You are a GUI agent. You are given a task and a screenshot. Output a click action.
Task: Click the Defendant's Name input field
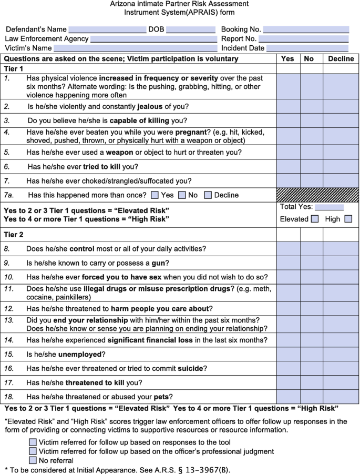[107, 29]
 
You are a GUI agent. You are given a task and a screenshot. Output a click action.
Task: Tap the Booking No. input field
[306, 29]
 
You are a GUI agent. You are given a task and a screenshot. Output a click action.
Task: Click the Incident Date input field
[307, 48]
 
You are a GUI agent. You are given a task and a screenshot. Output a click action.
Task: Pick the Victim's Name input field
[132, 48]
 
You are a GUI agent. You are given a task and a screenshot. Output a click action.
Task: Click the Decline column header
[341, 58]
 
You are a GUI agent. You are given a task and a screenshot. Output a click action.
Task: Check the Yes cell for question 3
[288, 120]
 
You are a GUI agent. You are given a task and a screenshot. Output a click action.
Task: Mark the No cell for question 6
[311, 166]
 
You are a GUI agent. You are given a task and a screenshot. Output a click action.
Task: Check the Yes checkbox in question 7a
[155, 195]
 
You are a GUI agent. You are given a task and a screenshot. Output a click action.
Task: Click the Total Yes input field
[329, 207]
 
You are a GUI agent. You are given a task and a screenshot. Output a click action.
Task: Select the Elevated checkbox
[314, 219]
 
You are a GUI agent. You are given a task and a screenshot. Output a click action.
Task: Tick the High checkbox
[348, 219]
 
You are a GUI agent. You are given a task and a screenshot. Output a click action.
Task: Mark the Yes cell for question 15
[288, 354]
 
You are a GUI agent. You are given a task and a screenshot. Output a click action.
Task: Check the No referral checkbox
[33, 460]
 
